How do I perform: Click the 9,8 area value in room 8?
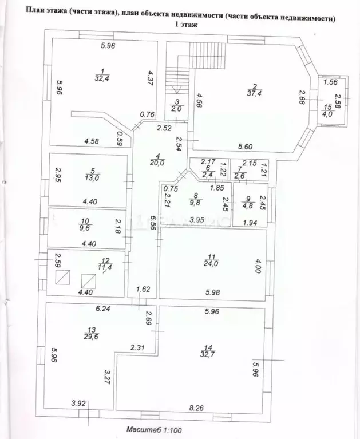pyautogui.click(x=197, y=201)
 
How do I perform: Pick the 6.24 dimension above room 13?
pyautogui.click(x=102, y=309)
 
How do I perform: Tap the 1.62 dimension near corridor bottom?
pyautogui.click(x=143, y=290)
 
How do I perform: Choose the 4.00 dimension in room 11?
pyautogui.click(x=258, y=266)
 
